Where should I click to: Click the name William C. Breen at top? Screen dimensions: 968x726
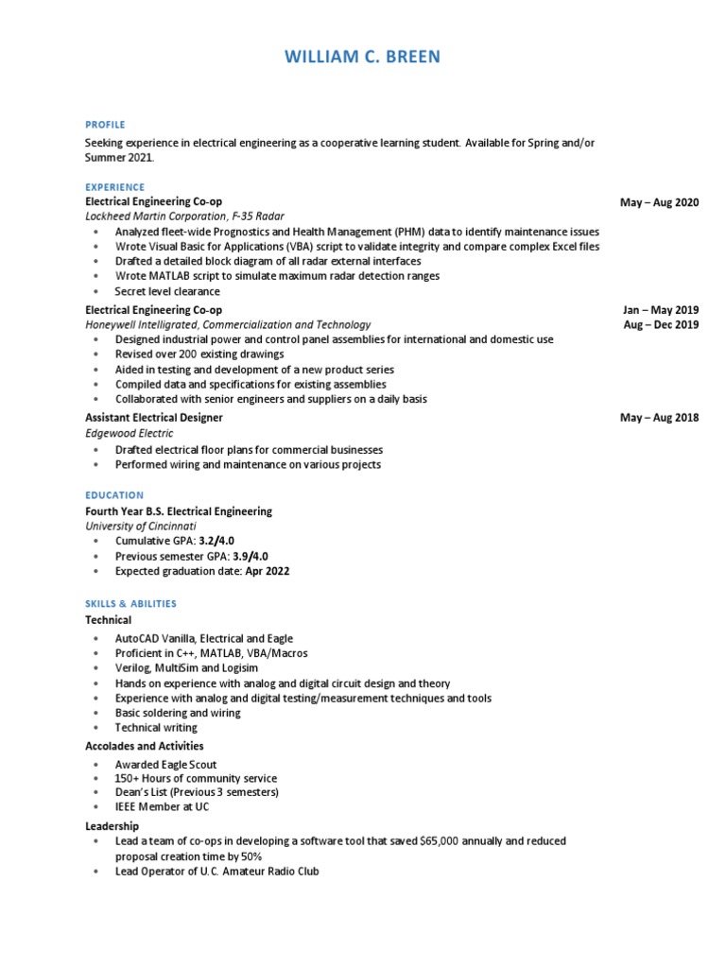point(362,58)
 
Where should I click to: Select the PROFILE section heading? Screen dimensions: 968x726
point(105,125)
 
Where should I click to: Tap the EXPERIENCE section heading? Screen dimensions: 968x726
point(115,187)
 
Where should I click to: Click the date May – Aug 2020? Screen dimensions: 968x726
point(659,202)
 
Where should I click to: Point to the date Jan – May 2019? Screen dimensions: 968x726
point(660,310)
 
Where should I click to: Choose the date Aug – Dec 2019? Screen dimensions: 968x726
point(660,324)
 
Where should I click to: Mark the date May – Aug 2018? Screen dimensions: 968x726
point(659,418)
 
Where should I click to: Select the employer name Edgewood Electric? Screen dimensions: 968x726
point(130,433)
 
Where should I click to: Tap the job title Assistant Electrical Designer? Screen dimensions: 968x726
point(154,418)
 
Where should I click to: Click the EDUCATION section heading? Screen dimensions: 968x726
point(114,495)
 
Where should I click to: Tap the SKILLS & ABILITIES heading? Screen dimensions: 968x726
point(130,604)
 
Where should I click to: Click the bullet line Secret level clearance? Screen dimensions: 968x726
point(167,291)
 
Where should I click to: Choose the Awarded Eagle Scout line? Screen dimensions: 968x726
point(165,764)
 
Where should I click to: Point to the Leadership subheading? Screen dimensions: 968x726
point(112,826)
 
